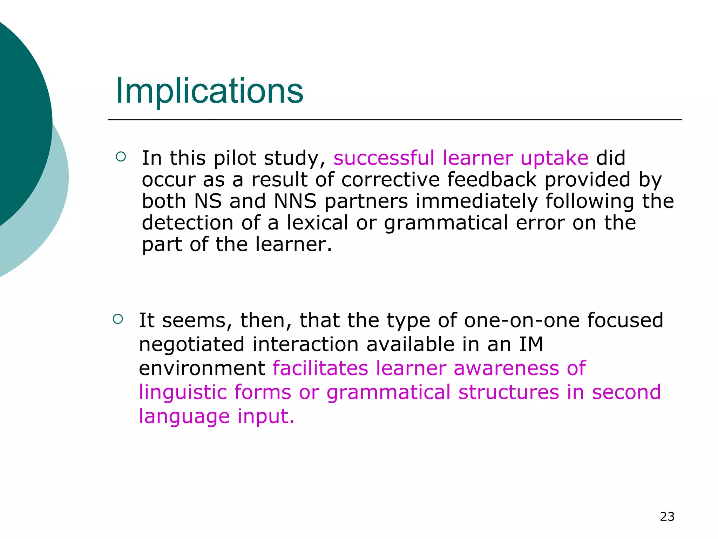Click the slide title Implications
tap(209, 91)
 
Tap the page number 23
tap(667, 517)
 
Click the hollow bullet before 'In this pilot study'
tap(120, 157)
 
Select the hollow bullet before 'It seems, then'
tap(118, 319)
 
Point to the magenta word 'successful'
tap(384, 158)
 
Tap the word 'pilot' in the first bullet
tap(235, 158)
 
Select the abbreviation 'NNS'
tap(295, 201)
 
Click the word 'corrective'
tap(391, 180)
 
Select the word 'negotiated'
tap(191, 345)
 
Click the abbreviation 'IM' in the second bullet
tap(531, 344)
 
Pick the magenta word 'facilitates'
tap(320, 368)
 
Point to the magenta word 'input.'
tap(266, 417)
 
